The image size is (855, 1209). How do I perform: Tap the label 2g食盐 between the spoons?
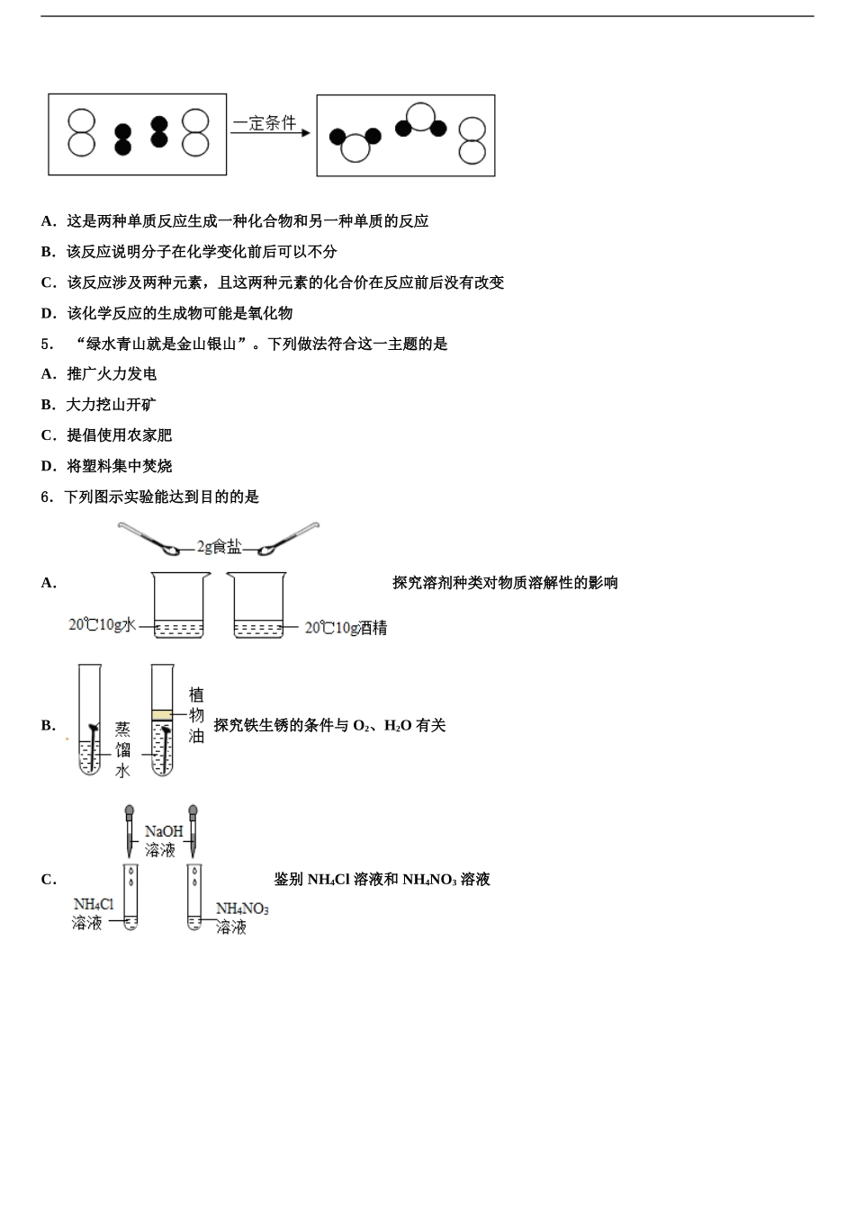(x=220, y=546)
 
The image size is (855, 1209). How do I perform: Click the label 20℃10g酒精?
(x=346, y=628)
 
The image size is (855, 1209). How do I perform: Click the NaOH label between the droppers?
(x=163, y=832)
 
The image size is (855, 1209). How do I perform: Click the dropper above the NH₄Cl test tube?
(x=130, y=829)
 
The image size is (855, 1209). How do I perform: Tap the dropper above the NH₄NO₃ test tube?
(x=193, y=829)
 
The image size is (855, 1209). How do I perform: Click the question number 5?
(x=47, y=344)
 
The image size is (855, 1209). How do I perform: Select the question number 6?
(x=47, y=497)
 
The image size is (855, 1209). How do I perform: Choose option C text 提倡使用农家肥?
(x=120, y=435)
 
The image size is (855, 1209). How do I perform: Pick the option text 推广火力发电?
(x=112, y=374)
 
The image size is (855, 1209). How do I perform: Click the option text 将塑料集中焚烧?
(x=120, y=466)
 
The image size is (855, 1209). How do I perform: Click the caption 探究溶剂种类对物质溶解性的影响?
(x=505, y=583)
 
